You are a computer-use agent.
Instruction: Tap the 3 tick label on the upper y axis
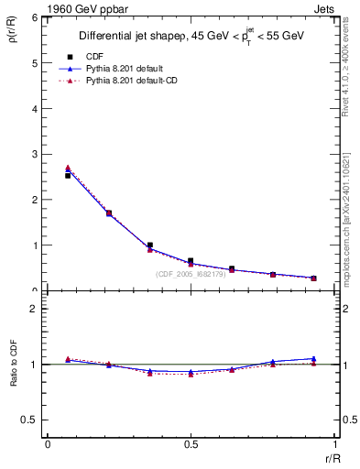coord(37,154)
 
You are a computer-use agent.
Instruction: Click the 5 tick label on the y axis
coord(37,63)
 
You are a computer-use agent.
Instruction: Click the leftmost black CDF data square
coord(68,175)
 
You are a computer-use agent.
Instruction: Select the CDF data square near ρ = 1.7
coord(109,213)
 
